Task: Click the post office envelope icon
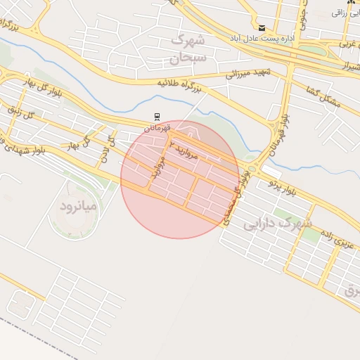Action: pos(262,27)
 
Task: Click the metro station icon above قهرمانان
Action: pos(156,116)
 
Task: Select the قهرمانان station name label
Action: pos(158,127)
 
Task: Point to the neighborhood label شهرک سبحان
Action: pos(188,47)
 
